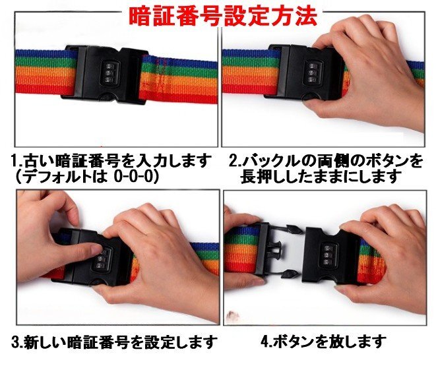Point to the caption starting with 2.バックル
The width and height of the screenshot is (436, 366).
[x=326, y=161]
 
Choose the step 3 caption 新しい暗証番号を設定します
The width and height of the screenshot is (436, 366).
[x=113, y=342]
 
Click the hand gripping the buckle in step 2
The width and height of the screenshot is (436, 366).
[x=369, y=73]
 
